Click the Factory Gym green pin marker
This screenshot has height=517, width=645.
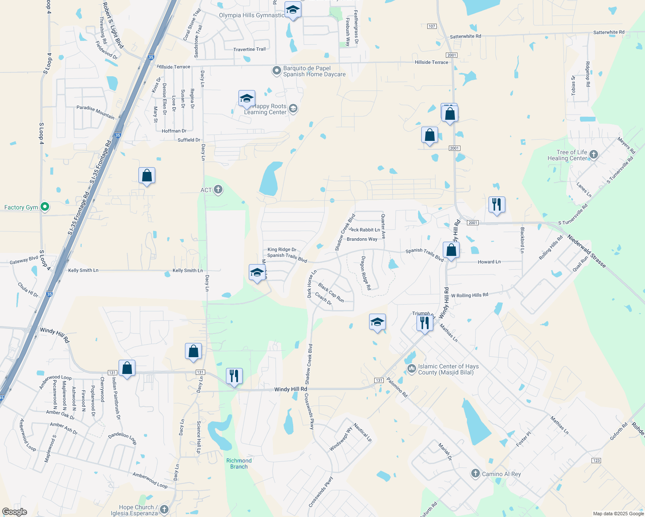(44, 207)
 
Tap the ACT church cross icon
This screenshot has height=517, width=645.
(218, 190)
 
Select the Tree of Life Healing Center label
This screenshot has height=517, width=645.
(567, 155)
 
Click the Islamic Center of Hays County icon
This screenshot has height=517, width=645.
(411, 369)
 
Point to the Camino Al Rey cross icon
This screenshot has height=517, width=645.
(475, 474)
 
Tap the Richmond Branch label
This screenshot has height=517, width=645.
(239, 464)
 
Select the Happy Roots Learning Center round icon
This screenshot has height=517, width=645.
(293, 108)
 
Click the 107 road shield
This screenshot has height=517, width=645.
(432, 26)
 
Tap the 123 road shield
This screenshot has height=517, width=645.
(596, 461)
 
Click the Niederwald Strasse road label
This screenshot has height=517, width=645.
(586, 251)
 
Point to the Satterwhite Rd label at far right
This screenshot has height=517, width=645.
(609, 32)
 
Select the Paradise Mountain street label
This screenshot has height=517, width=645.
(96, 112)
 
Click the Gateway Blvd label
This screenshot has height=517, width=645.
(24, 260)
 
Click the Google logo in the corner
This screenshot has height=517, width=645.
(14, 512)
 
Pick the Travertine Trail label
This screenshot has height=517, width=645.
(250, 50)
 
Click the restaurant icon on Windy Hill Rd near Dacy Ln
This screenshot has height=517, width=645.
(234, 376)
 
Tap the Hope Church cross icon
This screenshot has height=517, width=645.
(164, 510)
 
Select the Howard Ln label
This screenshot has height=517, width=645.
(489, 262)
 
